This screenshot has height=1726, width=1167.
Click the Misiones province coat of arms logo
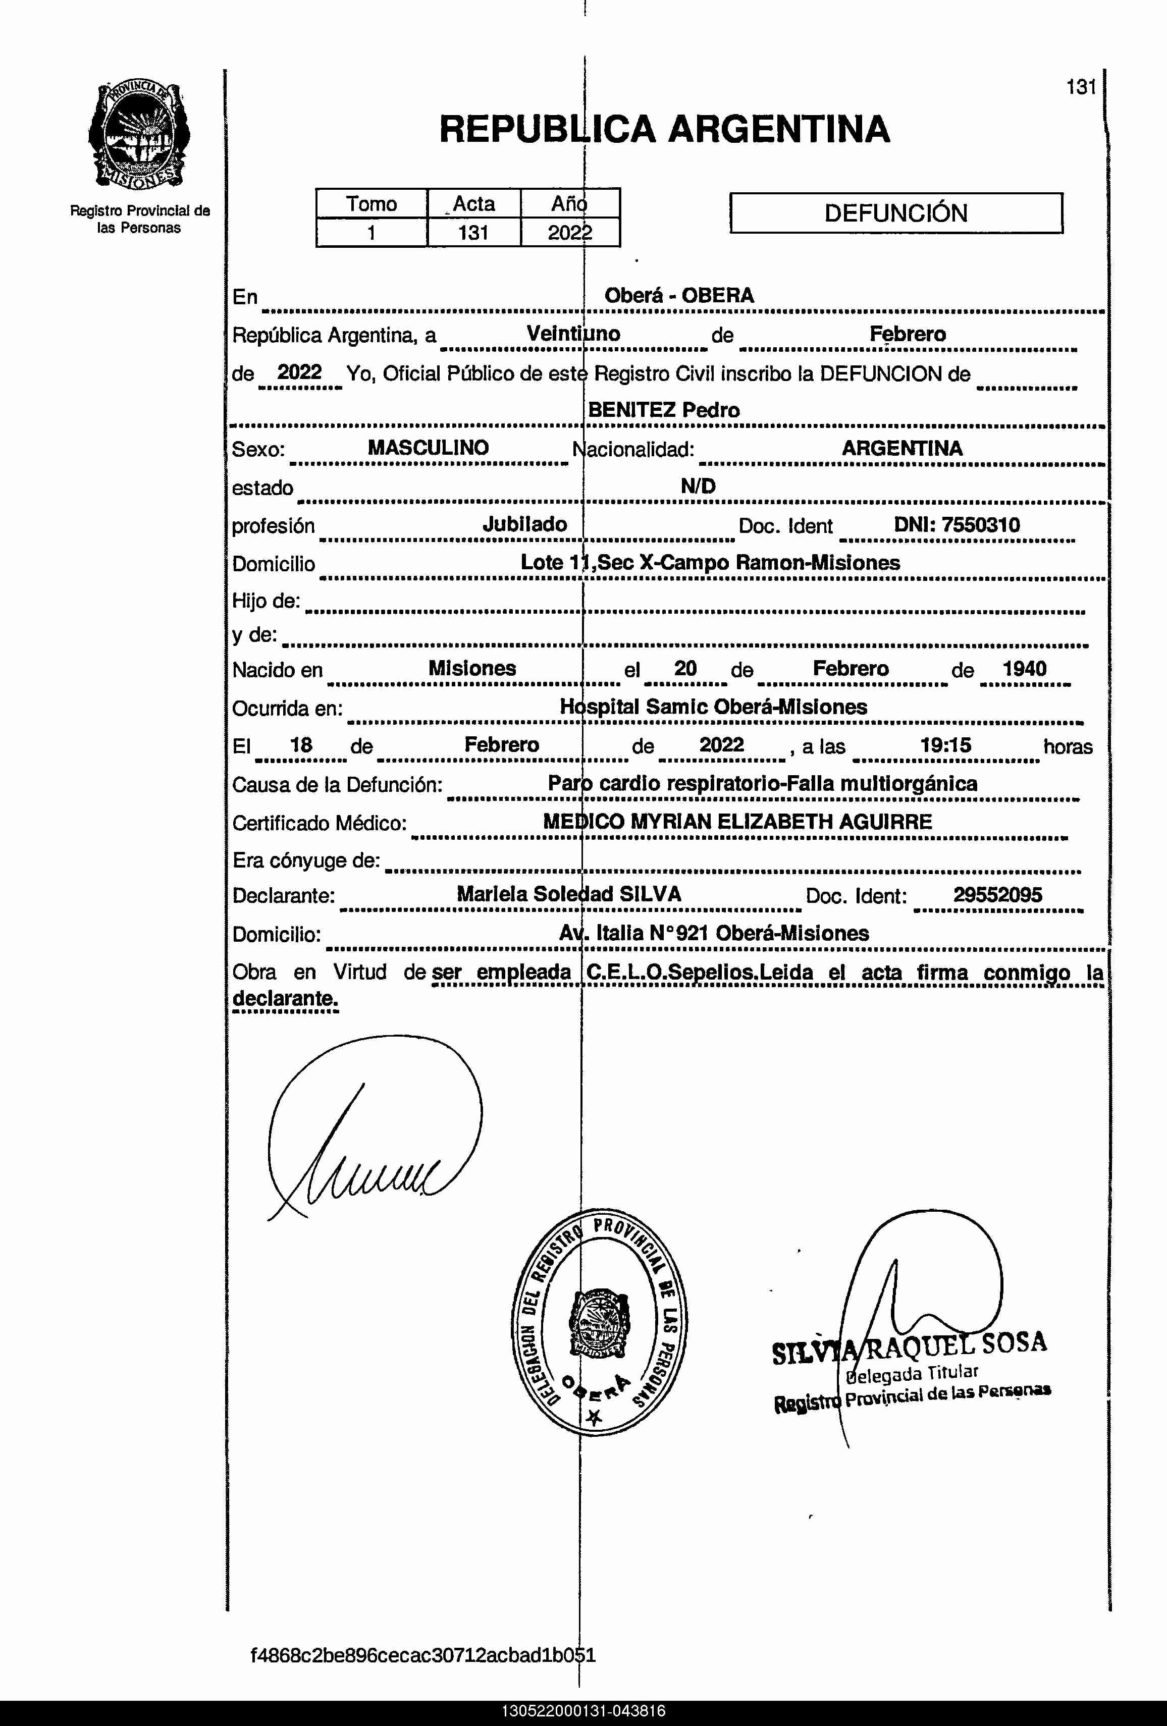click(x=139, y=136)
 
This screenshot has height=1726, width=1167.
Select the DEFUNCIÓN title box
click(x=896, y=213)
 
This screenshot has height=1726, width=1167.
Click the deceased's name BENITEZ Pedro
click(x=663, y=410)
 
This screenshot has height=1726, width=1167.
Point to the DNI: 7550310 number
click(x=957, y=525)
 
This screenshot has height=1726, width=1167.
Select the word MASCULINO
click(x=428, y=447)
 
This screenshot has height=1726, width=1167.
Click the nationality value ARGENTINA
click(x=902, y=448)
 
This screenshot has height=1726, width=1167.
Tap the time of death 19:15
click(x=945, y=745)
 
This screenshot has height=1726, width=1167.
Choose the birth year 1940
click(x=1024, y=668)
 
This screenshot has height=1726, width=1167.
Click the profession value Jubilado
click(x=524, y=524)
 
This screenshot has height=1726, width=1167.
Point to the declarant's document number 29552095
click(x=997, y=895)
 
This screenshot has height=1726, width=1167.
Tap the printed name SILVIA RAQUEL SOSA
click(x=909, y=1346)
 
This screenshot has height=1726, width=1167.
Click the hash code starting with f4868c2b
click(x=422, y=1655)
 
